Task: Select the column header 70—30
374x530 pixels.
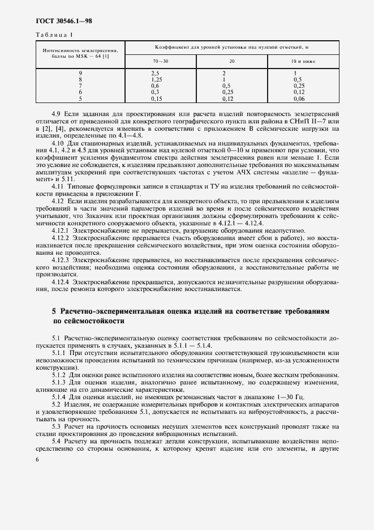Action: pyautogui.click(x=160, y=60)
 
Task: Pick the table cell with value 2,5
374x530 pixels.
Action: pyautogui.click(x=156, y=74)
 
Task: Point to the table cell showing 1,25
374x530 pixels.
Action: pyautogui.click(x=157, y=80)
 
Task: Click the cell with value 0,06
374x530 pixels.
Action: pyautogui.click(x=299, y=99)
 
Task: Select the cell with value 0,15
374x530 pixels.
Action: pyautogui.click(x=157, y=99)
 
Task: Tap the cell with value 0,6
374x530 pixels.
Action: pyautogui.click(x=156, y=86)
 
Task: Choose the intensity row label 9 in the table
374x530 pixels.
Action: pyautogui.click(x=80, y=74)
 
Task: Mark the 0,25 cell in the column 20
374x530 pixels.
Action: pyautogui.click(x=228, y=92)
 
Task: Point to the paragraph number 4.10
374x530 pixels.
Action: pyautogui.click(x=58, y=144)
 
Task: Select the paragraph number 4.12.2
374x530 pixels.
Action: pyautogui.click(x=62, y=239)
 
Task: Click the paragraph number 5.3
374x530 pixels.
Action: pyautogui.click(x=56, y=425)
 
